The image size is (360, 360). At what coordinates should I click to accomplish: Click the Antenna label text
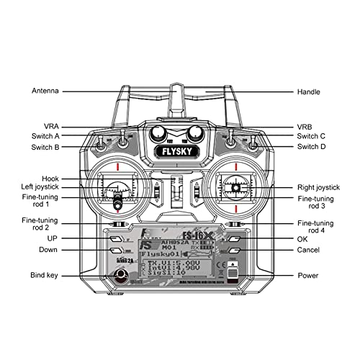click(x=45, y=92)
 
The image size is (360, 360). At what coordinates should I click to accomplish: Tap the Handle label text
click(x=310, y=92)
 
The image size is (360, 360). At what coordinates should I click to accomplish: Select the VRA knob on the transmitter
click(x=157, y=133)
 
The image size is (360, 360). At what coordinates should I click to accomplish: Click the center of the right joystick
click(x=235, y=187)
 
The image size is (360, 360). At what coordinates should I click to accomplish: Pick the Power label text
click(x=309, y=275)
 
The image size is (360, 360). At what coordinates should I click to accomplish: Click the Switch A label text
click(x=45, y=136)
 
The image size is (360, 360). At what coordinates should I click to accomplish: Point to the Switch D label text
click(x=311, y=147)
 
